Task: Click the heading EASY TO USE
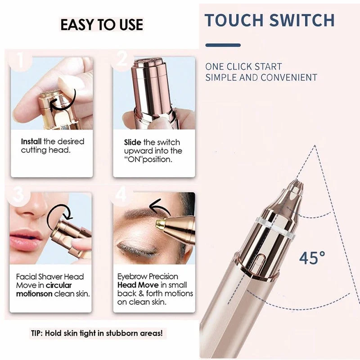[102, 25]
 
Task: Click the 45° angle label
[312, 258]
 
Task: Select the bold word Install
[31, 141]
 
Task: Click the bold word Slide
[132, 142]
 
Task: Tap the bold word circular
[58, 285]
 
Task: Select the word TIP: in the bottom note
[37, 333]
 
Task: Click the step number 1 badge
[20, 60]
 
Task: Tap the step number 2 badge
[122, 59]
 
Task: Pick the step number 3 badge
[19, 195]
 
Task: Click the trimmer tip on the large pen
[296, 186]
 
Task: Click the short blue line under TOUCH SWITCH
[223, 45]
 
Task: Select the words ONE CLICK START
[243, 67]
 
